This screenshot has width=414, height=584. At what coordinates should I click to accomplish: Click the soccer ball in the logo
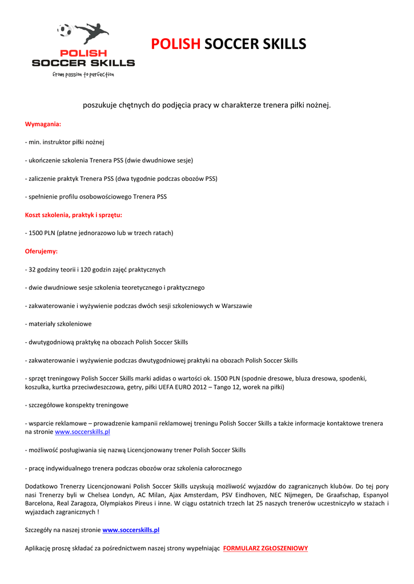(65, 30)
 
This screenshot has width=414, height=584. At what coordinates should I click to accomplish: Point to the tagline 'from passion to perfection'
(83, 74)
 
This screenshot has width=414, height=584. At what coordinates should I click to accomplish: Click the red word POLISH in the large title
(176, 44)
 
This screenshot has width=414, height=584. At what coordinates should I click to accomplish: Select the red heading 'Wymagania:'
(43, 124)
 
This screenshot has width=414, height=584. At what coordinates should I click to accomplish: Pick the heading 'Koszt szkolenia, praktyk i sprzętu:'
(74, 215)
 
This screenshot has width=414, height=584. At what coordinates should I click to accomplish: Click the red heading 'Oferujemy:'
(41, 251)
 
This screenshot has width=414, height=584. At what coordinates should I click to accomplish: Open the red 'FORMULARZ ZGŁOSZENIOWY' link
(266, 549)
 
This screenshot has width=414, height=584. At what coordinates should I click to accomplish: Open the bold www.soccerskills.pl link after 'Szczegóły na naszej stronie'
(131, 530)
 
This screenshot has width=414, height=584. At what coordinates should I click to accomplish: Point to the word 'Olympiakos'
(117, 504)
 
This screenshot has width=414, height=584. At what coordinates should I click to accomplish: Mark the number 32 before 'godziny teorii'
(33, 269)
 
